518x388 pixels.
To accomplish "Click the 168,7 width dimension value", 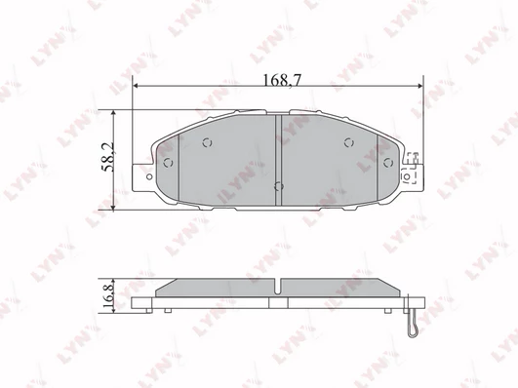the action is pos(282,80).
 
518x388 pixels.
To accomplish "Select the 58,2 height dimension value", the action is pos(108,157).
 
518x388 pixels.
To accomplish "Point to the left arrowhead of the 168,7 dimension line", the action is pos(135,86).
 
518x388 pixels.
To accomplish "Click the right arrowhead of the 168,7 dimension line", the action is pos(420,86).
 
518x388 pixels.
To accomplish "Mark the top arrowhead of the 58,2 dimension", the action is pos(113,113).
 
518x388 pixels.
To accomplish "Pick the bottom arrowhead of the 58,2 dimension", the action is pos(113,207).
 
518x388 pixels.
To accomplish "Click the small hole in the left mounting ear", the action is pos(149,177).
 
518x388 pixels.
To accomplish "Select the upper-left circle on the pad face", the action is pos(207,142).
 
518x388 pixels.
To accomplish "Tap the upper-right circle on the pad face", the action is pos(349,142).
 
